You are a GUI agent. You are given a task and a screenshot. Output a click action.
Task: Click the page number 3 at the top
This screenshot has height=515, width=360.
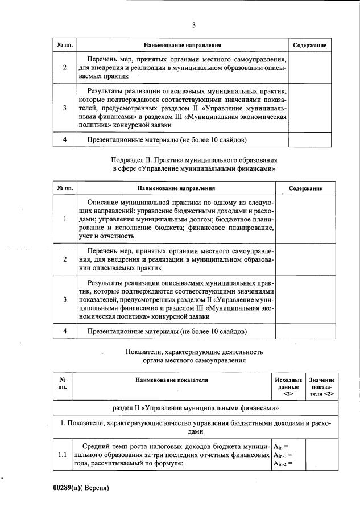[x=194, y=25]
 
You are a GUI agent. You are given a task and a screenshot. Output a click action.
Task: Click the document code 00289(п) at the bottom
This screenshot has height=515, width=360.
[x=69, y=488]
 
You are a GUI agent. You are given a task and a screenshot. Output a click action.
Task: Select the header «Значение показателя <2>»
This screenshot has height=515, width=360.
[x=322, y=386]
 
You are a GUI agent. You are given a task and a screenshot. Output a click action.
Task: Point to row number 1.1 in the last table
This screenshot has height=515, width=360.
[x=62, y=455]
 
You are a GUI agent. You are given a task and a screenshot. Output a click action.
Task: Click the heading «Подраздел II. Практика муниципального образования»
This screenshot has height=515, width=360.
[x=194, y=160]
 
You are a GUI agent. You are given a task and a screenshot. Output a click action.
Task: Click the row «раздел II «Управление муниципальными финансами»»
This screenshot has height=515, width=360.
[x=194, y=409]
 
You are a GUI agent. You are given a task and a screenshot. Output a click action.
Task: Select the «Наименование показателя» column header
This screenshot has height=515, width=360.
[x=172, y=380]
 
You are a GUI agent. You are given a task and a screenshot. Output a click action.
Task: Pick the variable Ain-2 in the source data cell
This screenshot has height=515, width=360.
[x=282, y=464]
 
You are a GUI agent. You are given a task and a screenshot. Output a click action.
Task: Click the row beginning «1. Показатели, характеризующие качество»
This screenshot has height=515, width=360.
[x=194, y=428]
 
